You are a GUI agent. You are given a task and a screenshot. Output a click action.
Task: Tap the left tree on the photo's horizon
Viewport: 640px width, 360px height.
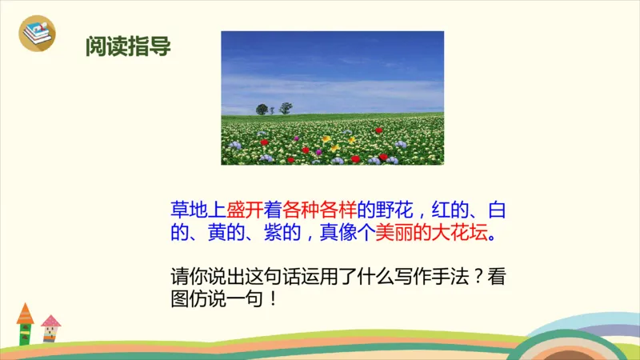coord(262,109)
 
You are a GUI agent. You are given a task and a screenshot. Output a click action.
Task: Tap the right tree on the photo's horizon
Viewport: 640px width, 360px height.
coord(286,108)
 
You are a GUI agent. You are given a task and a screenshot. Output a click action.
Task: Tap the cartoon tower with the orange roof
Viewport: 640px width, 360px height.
coord(25,323)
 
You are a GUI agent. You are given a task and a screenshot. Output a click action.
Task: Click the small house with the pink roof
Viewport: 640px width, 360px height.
coord(50,327)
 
